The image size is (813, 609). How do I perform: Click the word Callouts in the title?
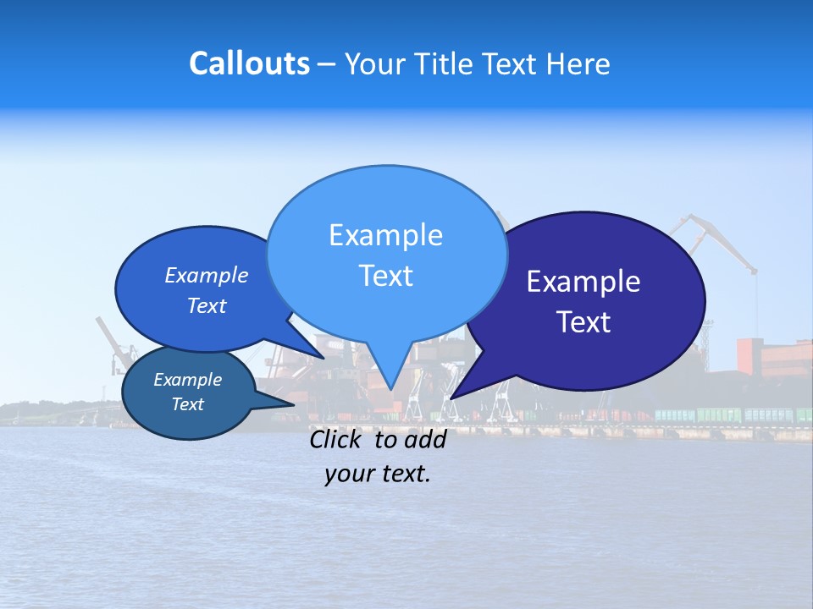click(249, 63)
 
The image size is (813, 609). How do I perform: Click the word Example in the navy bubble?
click(583, 282)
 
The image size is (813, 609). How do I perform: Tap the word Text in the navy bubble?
click(583, 322)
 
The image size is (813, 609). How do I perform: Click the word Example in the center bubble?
click(385, 235)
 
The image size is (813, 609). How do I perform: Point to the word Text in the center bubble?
click(386, 276)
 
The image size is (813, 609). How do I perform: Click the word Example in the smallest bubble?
click(187, 380)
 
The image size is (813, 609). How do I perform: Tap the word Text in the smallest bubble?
click(187, 404)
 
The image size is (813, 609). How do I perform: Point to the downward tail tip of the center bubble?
click(390, 389)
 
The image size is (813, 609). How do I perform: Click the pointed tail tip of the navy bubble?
click(451, 398)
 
